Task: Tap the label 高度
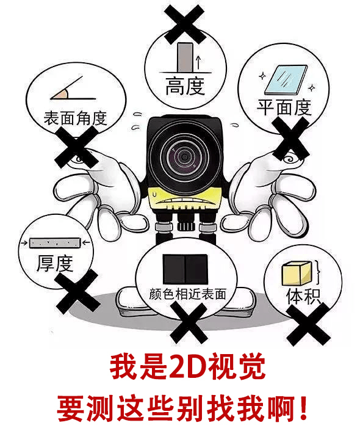point(185,85)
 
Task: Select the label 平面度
point(284,107)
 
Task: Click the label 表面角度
point(75,118)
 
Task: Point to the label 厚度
point(55,263)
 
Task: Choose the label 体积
point(303,296)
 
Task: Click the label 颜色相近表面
point(188,294)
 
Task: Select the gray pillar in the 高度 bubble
point(185,57)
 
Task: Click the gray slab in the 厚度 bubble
point(55,243)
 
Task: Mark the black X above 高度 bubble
point(185,24)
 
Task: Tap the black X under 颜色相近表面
point(189,323)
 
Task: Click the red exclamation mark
point(303,408)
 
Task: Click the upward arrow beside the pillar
point(198,62)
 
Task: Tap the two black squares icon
point(185,269)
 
